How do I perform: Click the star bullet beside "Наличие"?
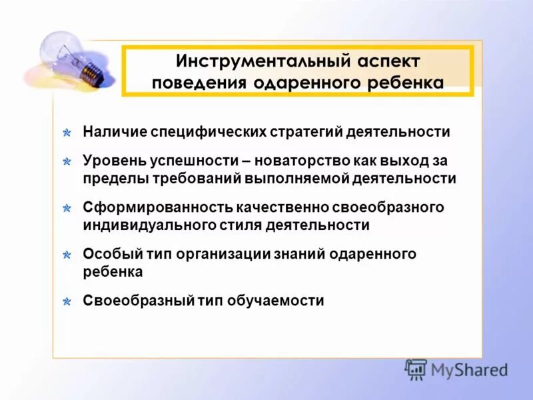(x=67, y=133)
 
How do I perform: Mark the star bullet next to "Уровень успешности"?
(x=67, y=162)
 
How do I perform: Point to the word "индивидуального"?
(x=149, y=225)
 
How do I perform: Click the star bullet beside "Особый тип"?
(x=67, y=255)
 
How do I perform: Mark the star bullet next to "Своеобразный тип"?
(x=67, y=301)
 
